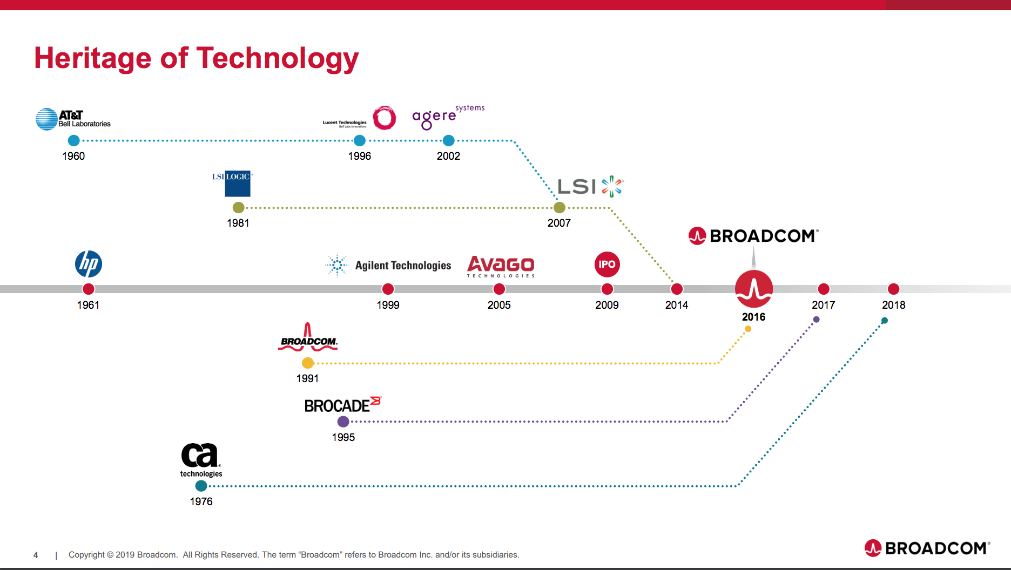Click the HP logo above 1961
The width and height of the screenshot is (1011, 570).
coord(89,264)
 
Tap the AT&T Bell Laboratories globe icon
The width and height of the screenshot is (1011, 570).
coord(46,119)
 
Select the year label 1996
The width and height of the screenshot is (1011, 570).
coord(360,156)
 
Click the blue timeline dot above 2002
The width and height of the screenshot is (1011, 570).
coord(448,141)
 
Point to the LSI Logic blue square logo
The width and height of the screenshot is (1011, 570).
coord(237,184)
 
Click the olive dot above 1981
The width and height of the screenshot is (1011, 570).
coord(238,208)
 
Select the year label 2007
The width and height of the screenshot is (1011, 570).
coord(559,223)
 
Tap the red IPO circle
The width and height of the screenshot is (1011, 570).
coord(607,264)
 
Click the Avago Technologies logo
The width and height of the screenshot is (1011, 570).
coord(501,266)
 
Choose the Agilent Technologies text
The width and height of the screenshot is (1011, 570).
coord(403,266)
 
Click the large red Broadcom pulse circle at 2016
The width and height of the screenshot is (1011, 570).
coord(754,289)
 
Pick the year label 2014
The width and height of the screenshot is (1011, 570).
coord(677,305)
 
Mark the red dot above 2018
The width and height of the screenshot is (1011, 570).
coord(894,289)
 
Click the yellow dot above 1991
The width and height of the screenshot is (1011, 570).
coord(308,363)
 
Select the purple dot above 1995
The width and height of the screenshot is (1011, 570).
coord(343,422)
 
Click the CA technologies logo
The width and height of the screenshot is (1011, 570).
coord(201,459)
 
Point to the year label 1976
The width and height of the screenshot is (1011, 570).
coord(201,501)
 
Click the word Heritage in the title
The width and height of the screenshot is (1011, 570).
coord(92,58)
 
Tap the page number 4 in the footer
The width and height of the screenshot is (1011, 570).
coord(36,555)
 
